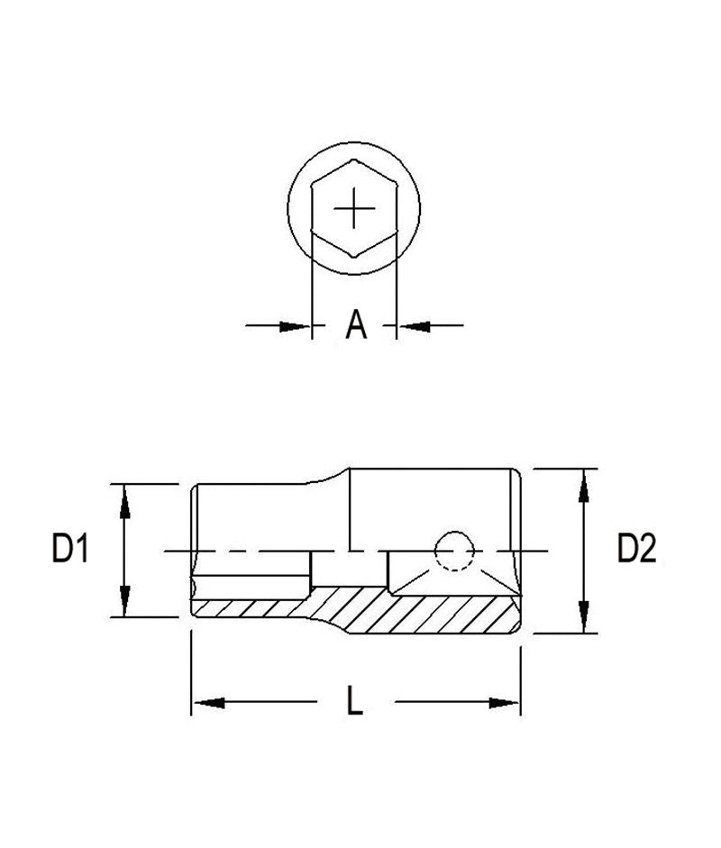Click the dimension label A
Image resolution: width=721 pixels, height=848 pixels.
[357, 324]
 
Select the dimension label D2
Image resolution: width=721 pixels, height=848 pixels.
[636, 549]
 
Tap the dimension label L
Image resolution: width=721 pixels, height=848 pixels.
[355, 703]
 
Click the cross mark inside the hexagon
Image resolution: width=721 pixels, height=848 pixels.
[354, 209]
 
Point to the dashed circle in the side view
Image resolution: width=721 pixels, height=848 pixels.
[453, 550]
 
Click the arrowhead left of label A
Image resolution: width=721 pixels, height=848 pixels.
[297, 325]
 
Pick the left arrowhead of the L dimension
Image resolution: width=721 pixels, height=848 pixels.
[207, 703]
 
